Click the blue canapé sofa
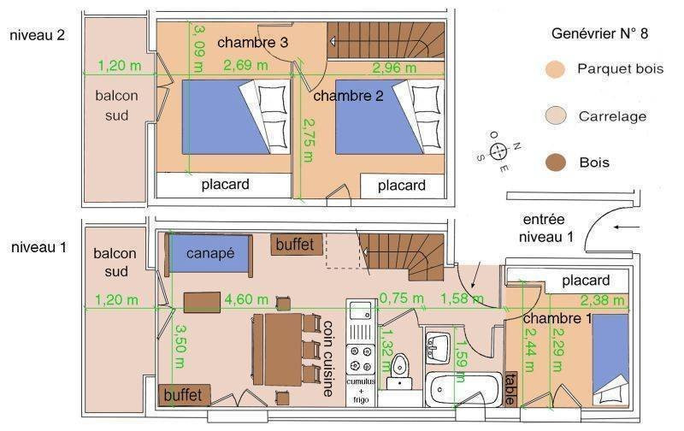pyautogui.click(x=209, y=255)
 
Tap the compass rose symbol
pyautogui.click(x=498, y=151)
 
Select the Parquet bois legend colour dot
pyautogui.click(x=555, y=69)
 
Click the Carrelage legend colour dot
pyautogui.click(x=556, y=116)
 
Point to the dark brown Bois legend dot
pyautogui.click(x=555, y=162)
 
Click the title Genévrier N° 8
pyautogui.click(x=600, y=33)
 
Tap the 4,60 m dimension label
pyautogui.click(x=246, y=299)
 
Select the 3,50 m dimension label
pyautogui.click(x=180, y=345)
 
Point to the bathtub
pyautogui.click(x=463, y=389)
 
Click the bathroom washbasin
pyautogui.click(x=437, y=348)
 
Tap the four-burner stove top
pyautogui.click(x=361, y=359)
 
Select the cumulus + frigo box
pyautogui.click(x=361, y=391)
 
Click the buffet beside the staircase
pyautogui.click(x=297, y=245)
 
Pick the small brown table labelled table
pyautogui.click(x=510, y=388)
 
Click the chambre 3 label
pyautogui.click(x=252, y=42)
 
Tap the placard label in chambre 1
pyautogui.click(x=586, y=280)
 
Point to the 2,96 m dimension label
pyautogui.click(x=394, y=68)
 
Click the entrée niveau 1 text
pyautogui.click(x=545, y=228)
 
